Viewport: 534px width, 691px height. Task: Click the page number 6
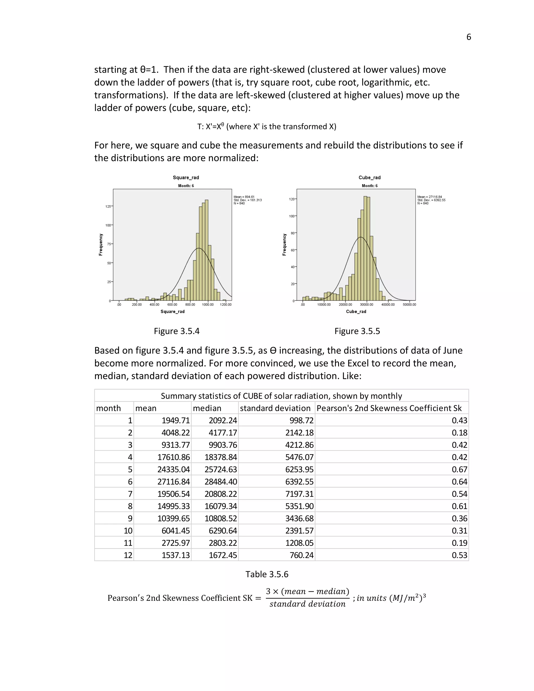[469, 37]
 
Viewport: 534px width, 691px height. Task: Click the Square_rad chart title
[186, 178]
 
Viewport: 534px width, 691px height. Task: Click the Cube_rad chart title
[369, 178]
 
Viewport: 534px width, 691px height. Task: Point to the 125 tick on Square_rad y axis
[108, 206]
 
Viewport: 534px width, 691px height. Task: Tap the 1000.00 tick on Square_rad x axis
[208, 304]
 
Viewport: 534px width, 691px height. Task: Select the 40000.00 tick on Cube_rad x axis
[388, 304]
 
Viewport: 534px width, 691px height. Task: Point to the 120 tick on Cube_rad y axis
[292, 199]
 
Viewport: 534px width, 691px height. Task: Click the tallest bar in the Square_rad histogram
[207, 250]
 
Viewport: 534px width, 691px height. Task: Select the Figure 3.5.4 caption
[177, 331]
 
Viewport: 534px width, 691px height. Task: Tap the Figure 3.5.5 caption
[357, 331]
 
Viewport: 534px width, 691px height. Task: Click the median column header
[207, 408]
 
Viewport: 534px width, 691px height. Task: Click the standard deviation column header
[275, 408]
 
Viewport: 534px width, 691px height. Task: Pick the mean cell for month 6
[174, 482]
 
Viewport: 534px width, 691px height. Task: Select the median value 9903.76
[223, 445]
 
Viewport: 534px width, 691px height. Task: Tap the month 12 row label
[128, 555]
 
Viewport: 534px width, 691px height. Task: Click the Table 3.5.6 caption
[267, 574]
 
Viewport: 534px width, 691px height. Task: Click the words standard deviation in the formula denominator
[307, 604]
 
